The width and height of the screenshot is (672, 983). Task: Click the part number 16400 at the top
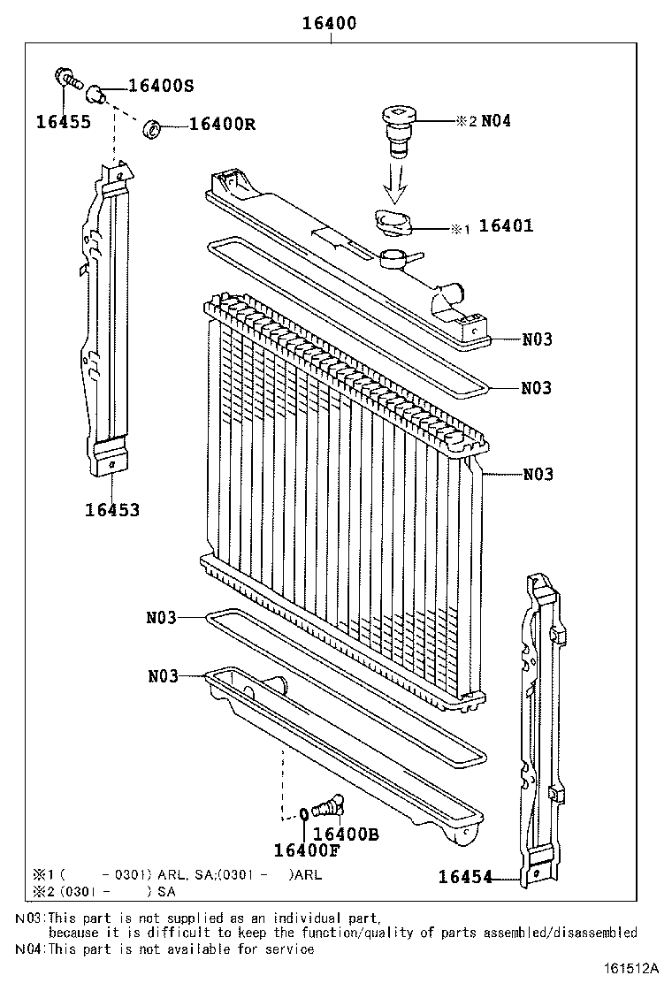(x=331, y=24)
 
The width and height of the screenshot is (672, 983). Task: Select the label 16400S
(x=161, y=86)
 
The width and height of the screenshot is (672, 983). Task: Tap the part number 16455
(x=63, y=122)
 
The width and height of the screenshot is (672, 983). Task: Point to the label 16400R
(x=222, y=125)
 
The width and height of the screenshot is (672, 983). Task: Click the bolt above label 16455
(x=66, y=78)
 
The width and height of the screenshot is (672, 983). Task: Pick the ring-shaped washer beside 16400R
(x=153, y=129)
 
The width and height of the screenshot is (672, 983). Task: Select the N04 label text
(x=496, y=121)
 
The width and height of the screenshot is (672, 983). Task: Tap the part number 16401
(x=506, y=226)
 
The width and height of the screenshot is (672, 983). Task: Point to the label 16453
(x=112, y=510)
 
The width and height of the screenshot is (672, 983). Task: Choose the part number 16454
(x=465, y=877)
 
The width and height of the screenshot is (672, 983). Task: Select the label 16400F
(x=305, y=850)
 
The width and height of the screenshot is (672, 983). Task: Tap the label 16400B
(x=346, y=833)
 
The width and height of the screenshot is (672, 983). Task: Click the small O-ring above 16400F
(x=304, y=814)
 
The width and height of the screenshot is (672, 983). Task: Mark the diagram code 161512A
(x=634, y=969)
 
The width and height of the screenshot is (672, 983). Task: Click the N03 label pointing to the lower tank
(x=164, y=676)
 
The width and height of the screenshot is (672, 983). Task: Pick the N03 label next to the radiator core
(x=538, y=475)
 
